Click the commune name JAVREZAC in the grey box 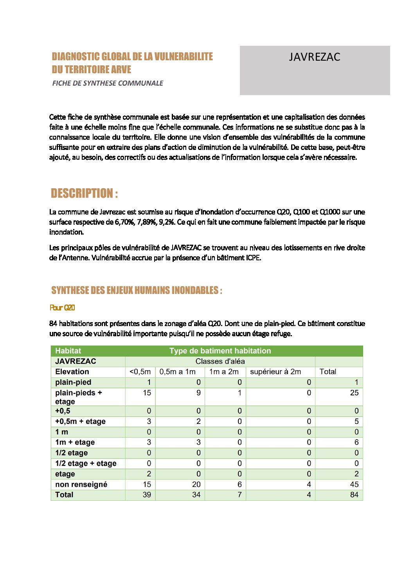tap(315, 57)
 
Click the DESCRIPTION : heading tap(84, 193)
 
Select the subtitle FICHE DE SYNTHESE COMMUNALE tap(108, 83)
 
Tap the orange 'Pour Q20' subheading tap(62, 308)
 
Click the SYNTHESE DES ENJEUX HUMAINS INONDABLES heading tap(137, 290)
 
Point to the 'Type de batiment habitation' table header tap(220, 351)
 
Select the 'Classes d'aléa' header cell tap(220, 361)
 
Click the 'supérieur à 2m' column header tap(275, 372)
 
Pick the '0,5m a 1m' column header tap(177, 372)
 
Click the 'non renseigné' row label tap(81, 484)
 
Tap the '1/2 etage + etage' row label tap(86, 463)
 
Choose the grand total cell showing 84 tap(354, 495)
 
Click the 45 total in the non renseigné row tap(354, 484)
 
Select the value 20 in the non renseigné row tap(196, 484)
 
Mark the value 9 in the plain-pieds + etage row tap(198, 393)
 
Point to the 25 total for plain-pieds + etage tap(354, 393)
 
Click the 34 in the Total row tap(196, 495)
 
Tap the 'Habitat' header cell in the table tap(68, 351)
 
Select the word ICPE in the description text tap(253, 258)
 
